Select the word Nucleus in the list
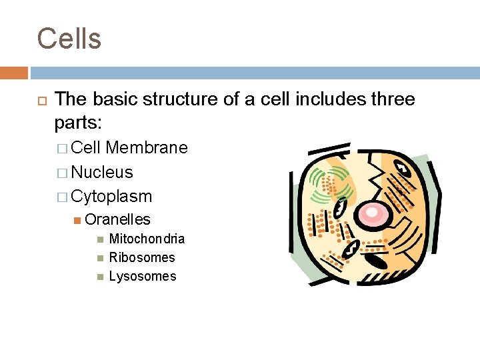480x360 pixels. click(102, 172)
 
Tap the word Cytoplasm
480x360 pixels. click(111, 197)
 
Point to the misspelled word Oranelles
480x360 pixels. click(117, 219)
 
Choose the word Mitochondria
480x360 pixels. click(147, 239)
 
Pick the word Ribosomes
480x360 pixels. click(142, 257)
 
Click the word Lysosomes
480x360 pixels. click(143, 276)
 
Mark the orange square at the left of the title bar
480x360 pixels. click(14, 72)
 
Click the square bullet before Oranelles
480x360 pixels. click(78, 220)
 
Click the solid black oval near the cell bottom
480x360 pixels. click(377, 261)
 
